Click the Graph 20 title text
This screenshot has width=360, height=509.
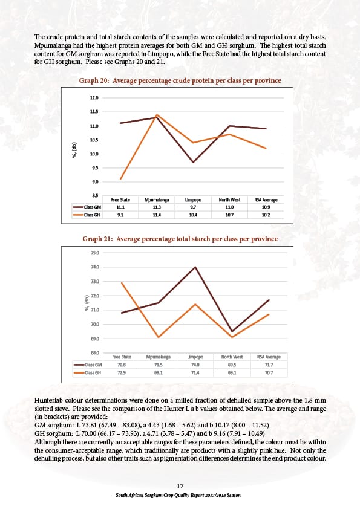[x=180, y=80]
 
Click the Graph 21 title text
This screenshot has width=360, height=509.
[x=180, y=239]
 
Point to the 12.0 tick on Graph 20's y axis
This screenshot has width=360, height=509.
[x=94, y=98]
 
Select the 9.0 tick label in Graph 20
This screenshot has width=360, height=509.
[x=94, y=182]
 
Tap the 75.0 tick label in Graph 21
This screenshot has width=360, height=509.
[x=95, y=253]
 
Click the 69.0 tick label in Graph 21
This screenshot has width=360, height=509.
[x=95, y=339]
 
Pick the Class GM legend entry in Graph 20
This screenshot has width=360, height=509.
[x=87, y=207]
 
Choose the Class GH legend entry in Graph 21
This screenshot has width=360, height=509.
[x=88, y=372]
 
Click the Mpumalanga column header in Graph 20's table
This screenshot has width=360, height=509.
[x=157, y=200]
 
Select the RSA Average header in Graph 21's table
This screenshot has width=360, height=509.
[x=269, y=357]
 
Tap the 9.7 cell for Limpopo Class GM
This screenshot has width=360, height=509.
[x=193, y=207]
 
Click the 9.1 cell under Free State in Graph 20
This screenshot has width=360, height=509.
[x=120, y=215]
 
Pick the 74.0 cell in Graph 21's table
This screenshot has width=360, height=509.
[x=195, y=365]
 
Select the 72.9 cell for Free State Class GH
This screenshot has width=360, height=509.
[x=121, y=372]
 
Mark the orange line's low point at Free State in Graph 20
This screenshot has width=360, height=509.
[x=120, y=179]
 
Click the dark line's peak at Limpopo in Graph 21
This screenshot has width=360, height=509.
[x=195, y=267]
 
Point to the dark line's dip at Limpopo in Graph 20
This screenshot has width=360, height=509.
[x=193, y=162]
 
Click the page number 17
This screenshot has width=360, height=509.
[x=180, y=486]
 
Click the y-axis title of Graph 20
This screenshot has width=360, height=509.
[x=74, y=150]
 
